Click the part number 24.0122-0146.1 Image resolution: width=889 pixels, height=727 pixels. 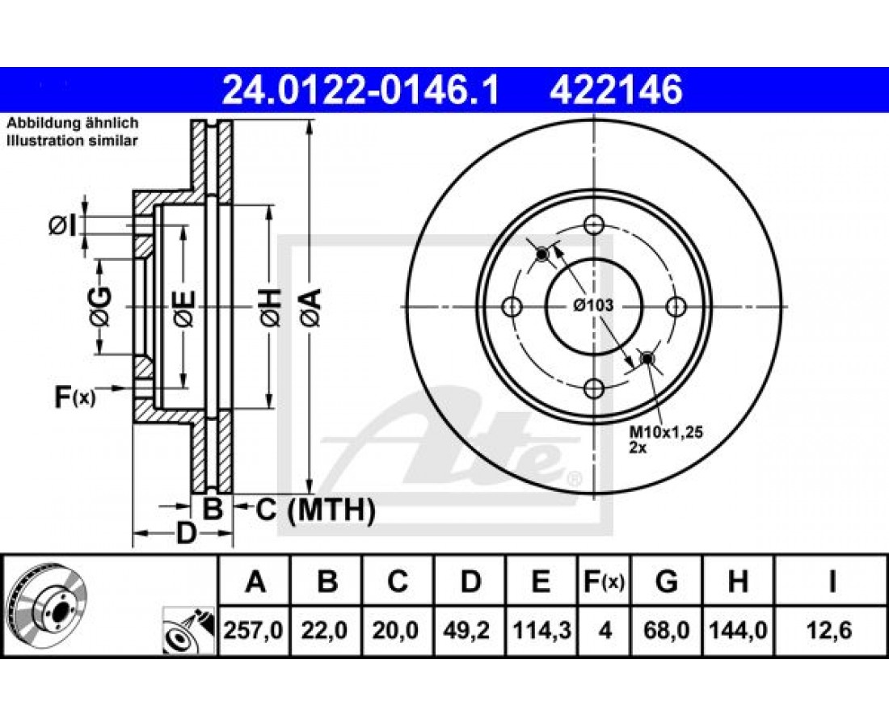coord(360,90)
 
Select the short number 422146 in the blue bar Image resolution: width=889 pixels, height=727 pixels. coord(616,90)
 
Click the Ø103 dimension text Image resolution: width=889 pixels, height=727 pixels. coord(593,305)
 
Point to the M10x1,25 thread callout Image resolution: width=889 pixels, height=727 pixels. coord(666,432)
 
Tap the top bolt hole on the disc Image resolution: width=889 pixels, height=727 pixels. coord(594,225)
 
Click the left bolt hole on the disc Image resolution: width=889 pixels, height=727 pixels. coord(512,307)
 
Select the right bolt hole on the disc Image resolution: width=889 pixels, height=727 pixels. coord(676,307)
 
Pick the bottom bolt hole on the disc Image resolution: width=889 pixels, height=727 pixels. coord(594,389)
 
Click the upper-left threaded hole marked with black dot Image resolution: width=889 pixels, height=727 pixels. coord(541,254)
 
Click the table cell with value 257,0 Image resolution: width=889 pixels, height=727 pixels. coord(254,630)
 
